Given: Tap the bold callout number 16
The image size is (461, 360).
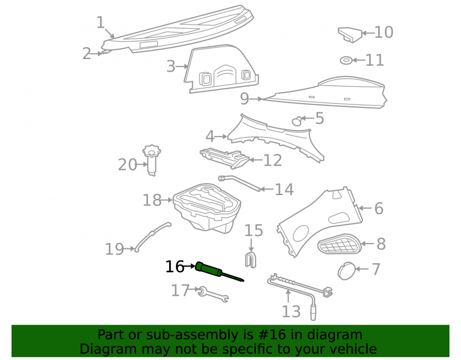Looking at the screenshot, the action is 175,267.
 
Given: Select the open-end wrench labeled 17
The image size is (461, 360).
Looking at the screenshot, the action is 213,295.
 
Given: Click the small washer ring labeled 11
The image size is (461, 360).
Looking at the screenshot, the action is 346,60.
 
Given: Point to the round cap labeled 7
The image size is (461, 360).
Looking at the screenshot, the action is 346,271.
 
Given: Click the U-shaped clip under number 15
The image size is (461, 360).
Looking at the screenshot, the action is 251,260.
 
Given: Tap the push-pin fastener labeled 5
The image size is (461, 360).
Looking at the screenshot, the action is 297,120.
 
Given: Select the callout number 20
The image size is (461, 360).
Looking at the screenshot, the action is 127,165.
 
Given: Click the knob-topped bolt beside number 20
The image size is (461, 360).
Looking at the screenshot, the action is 152,160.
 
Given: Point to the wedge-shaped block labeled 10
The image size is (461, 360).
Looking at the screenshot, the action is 350,35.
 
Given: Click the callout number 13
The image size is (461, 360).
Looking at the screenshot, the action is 291,312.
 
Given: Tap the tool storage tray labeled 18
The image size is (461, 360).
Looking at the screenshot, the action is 207,208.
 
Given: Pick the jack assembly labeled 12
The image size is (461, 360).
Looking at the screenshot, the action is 225,158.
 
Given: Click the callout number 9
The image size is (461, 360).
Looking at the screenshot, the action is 245,99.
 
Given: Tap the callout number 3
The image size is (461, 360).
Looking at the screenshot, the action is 171,66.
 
